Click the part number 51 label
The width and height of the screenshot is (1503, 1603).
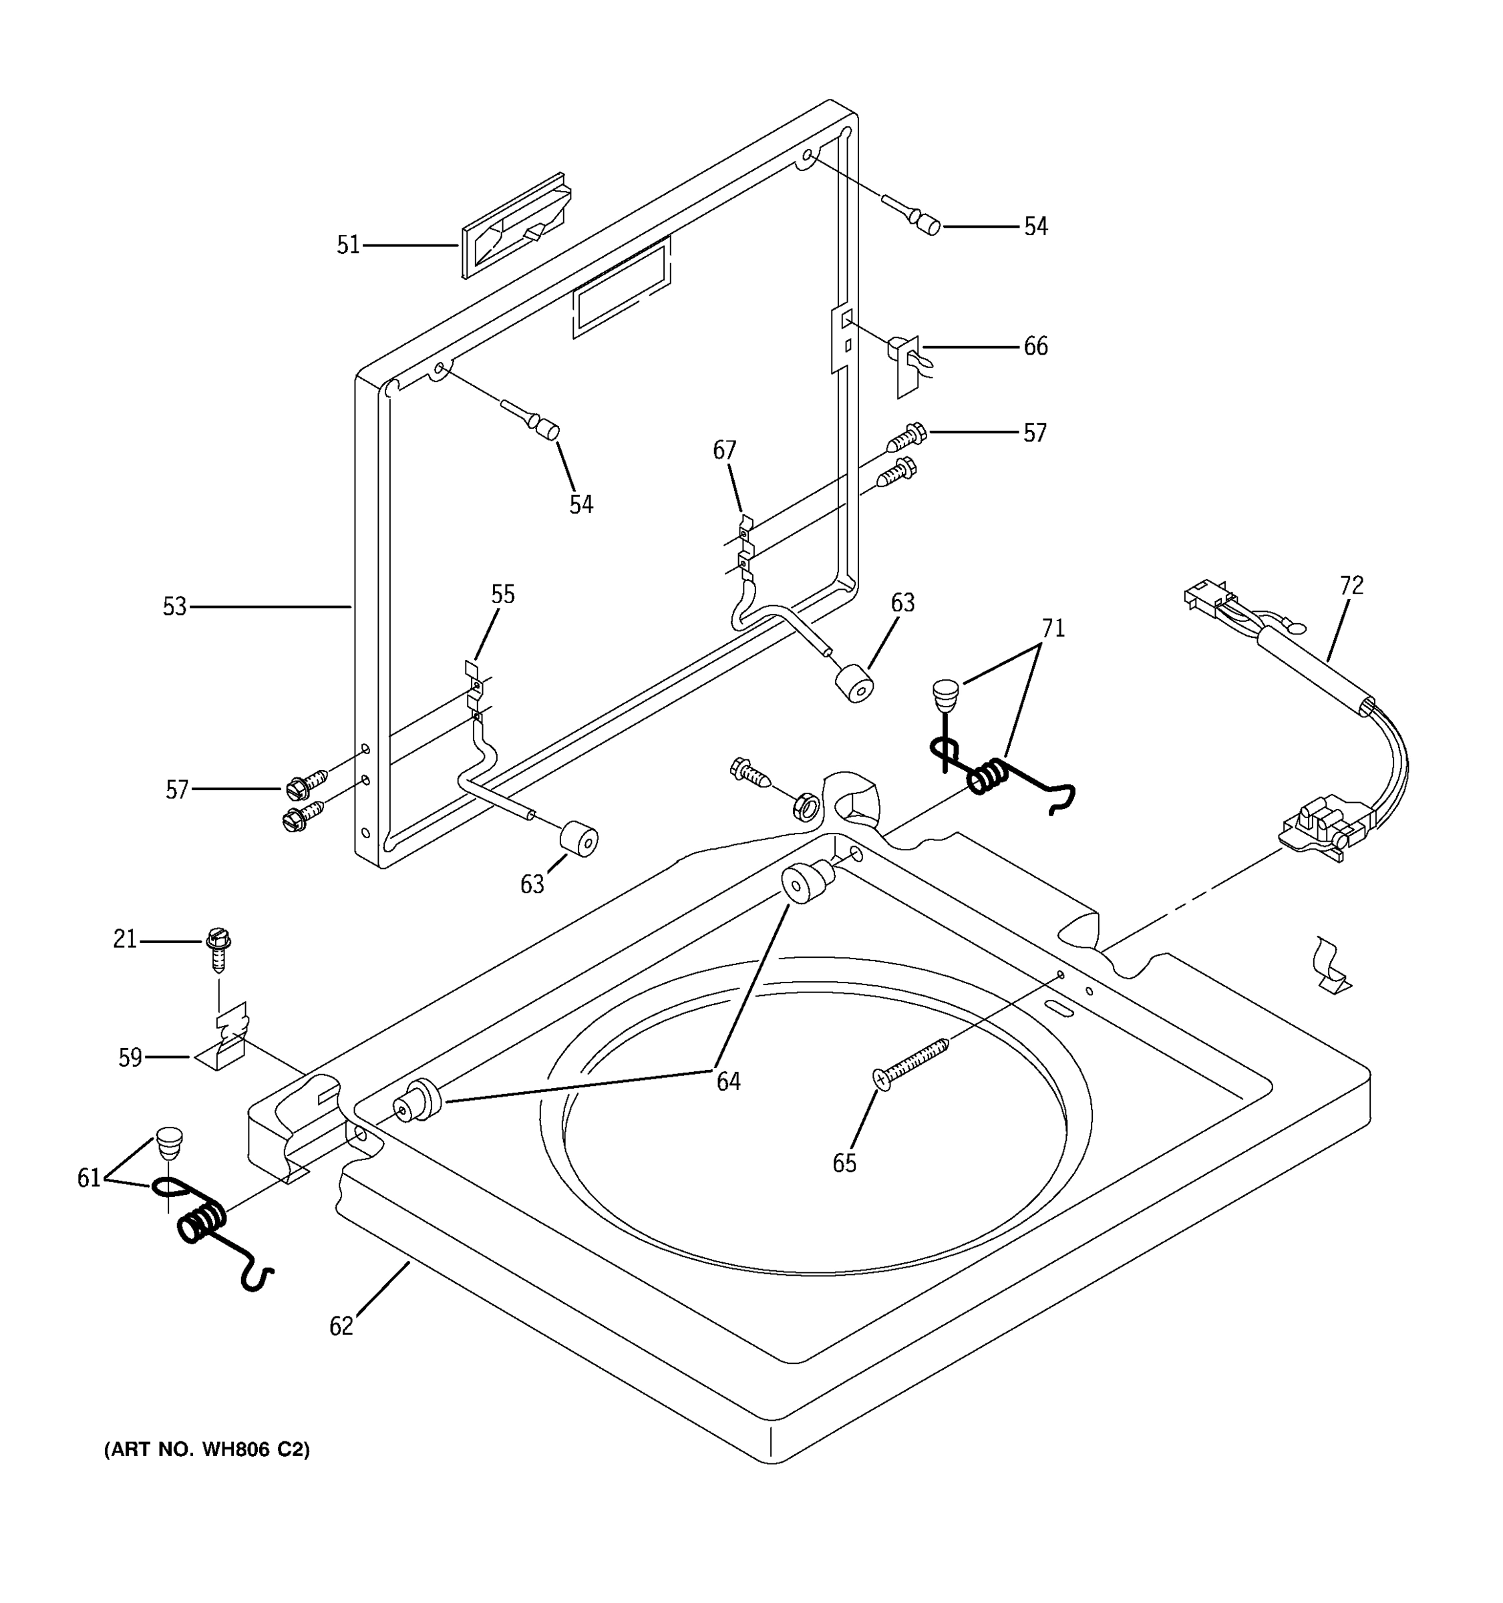347,245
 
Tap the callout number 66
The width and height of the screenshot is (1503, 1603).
1035,347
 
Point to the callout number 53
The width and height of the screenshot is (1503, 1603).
174,606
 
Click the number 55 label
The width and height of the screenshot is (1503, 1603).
502,595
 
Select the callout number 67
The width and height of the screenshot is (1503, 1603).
724,450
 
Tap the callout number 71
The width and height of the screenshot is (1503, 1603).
1053,627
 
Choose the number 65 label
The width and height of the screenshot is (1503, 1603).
844,1163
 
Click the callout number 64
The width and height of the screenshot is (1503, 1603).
728,1082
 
